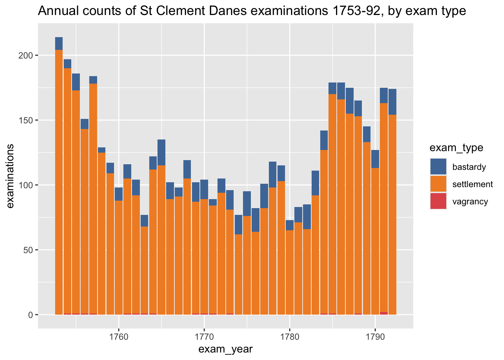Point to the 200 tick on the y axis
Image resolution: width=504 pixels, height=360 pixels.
pos(25,55)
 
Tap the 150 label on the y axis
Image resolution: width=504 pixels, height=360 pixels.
pos(25,120)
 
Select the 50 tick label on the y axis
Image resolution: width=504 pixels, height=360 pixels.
pos(28,250)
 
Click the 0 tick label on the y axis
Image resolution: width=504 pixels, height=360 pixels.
pos(30,315)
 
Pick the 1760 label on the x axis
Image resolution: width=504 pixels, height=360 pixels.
pos(118,337)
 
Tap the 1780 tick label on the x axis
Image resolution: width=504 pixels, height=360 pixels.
pos(289,337)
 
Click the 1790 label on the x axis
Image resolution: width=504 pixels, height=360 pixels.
pos(375,337)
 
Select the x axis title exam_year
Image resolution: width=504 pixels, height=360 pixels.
pos(225,349)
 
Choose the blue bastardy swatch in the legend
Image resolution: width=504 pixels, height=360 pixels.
pos(438,166)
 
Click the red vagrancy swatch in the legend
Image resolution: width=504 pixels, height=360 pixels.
pos(438,201)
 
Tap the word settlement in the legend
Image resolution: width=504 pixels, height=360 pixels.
pos(472,184)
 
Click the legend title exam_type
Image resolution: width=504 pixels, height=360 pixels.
pos(456,148)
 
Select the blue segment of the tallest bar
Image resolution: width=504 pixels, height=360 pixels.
pos(59,43)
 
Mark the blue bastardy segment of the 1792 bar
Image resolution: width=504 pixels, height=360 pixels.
pos(392,102)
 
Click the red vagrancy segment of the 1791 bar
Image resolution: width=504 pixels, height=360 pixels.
pos(384,313)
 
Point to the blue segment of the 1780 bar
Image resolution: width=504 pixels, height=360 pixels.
pos(289,225)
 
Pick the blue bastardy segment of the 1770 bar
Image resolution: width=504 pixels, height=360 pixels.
pos(204,189)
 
